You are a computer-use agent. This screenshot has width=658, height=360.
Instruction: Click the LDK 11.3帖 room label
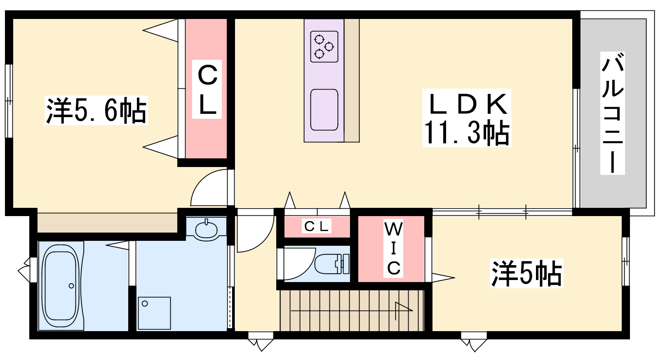[x=467, y=118]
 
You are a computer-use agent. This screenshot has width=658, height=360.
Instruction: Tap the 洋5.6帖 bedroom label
[x=96, y=111]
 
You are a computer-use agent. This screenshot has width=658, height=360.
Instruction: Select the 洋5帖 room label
[x=526, y=273]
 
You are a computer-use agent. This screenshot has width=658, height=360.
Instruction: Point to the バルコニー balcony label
[x=613, y=113]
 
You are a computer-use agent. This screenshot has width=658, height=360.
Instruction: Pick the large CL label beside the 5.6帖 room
[x=208, y=89]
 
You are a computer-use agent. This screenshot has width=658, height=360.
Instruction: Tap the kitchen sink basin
[x=324, y=110]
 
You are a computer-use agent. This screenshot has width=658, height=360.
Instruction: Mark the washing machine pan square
[x=154, y=313]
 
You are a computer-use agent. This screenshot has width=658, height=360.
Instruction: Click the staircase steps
[x=352, y=310]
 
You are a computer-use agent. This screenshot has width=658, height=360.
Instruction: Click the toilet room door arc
[x=298, y=263]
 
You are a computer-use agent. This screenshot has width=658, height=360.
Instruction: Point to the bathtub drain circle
[x=71, y=286]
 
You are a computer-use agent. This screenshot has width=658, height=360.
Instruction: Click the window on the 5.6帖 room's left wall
[x=9, y=100]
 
